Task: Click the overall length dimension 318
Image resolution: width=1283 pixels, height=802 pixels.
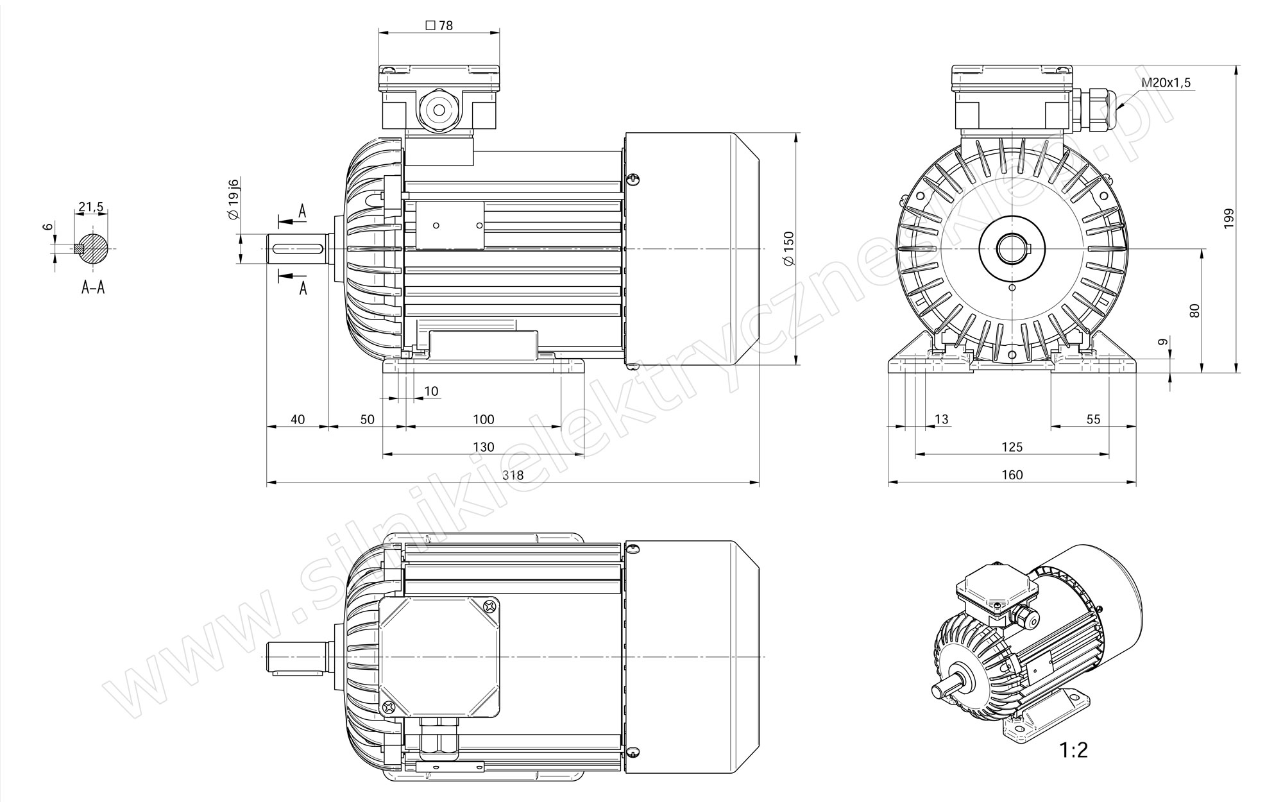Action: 513,475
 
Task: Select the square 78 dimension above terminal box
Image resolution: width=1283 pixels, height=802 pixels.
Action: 439,26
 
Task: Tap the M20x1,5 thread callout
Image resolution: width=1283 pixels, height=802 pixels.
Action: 1166,83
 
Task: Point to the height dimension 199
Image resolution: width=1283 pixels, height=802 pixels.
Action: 1228,219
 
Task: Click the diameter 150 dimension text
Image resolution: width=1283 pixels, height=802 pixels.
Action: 788,248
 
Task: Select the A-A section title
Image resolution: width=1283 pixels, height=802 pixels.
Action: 93,287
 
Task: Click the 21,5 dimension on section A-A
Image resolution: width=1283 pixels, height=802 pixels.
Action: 90,207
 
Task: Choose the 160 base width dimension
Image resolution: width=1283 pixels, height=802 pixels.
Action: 1012,475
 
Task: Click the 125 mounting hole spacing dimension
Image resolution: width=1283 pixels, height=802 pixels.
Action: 1012,447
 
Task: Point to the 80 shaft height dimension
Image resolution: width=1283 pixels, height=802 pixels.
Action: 1194,311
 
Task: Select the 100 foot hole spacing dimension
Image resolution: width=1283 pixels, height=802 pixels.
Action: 483,420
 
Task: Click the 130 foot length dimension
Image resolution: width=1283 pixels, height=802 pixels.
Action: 483,447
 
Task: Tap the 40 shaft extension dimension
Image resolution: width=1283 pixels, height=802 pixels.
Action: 298,420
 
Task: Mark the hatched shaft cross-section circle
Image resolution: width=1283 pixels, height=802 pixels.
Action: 94,248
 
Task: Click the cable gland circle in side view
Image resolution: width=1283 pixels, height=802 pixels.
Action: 439,110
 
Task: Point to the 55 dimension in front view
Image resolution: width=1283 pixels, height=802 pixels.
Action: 1093,420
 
